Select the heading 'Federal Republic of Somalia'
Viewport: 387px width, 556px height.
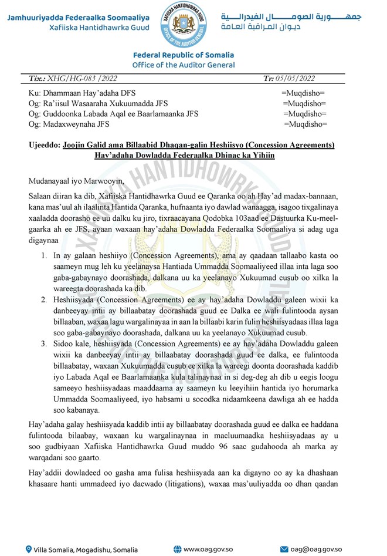pos(184,55)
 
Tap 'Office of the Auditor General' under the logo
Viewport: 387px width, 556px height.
pos(184,65)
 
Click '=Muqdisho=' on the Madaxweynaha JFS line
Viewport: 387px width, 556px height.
pos(305,124)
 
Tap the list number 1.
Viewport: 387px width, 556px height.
pos(44,255)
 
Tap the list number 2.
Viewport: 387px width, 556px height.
pos(44,299)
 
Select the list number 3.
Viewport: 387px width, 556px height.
pos(44,342)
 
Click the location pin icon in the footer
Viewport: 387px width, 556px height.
pos(29,550)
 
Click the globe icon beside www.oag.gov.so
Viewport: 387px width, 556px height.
pos(177,550)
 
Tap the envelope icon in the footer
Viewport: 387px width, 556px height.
pos(284,550)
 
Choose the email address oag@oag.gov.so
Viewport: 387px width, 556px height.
pos(322,550)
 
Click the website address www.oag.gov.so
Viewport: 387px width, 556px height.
pos(210,550)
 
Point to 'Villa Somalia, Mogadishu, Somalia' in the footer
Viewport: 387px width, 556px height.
pos(86,550)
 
